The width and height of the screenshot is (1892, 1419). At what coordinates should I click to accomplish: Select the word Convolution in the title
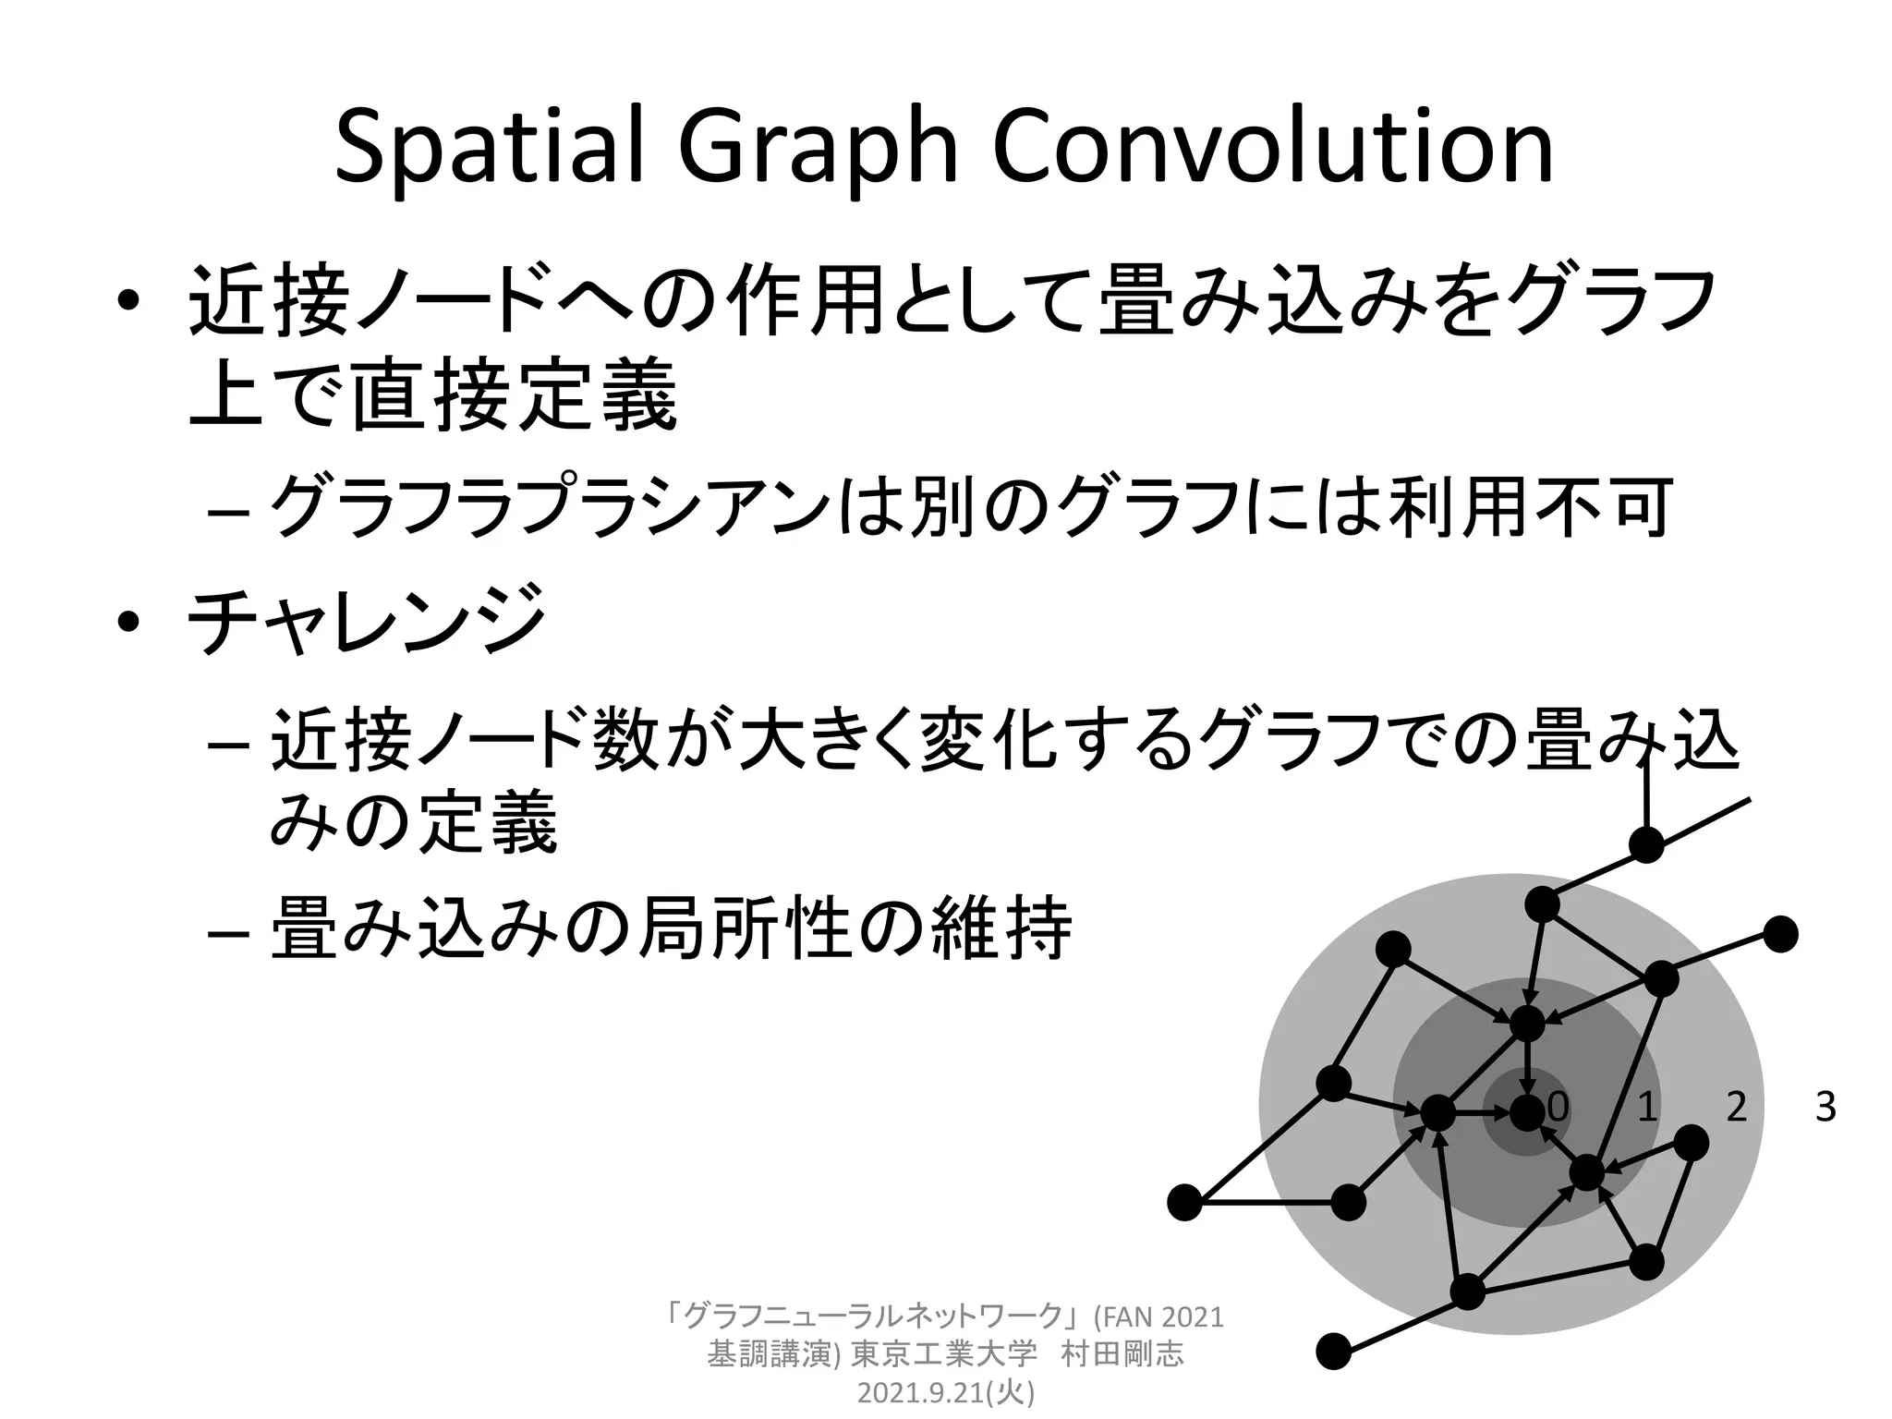1274,148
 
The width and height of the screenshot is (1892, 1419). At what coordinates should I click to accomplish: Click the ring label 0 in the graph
1558,1107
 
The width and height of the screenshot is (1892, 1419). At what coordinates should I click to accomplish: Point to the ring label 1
1647,1107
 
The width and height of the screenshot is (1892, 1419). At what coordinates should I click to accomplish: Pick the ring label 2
1737,1107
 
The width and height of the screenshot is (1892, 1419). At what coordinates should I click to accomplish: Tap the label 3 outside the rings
1825,1107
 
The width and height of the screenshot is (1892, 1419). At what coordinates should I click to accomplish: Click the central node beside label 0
1527,1113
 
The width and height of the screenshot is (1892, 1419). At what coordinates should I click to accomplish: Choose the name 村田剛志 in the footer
1122,1355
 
